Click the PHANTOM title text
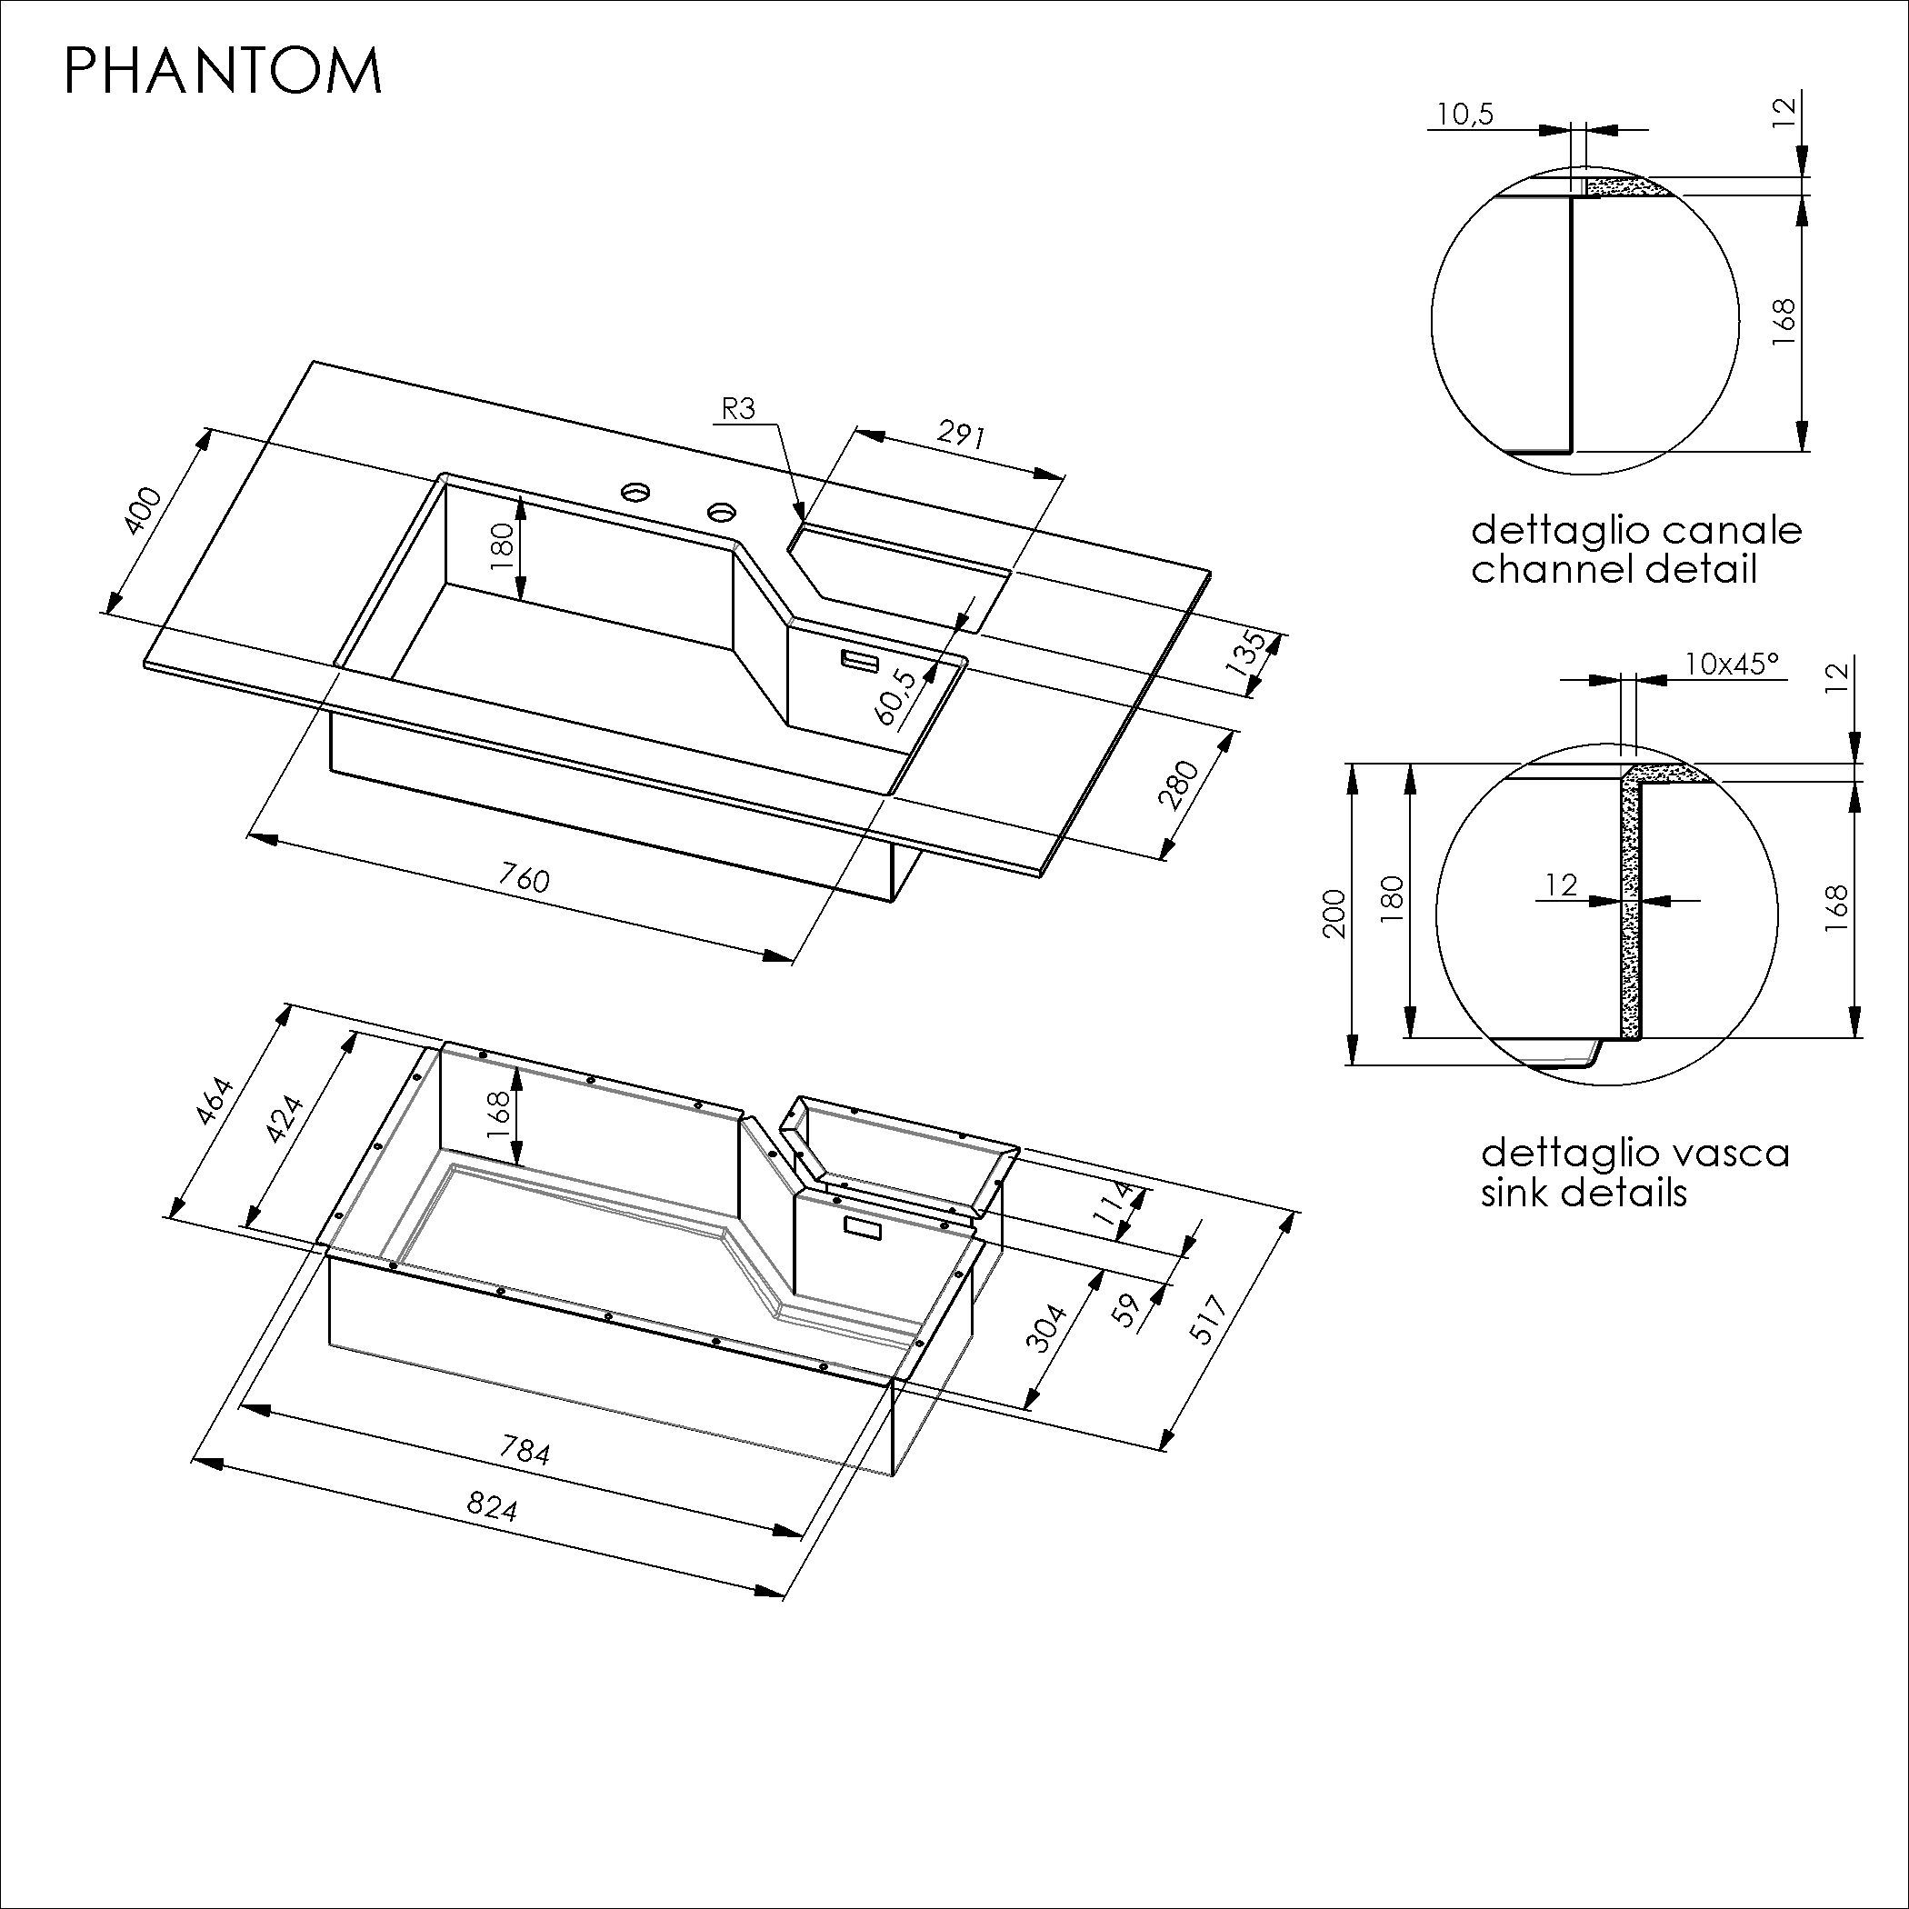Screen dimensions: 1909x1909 click(x=223, y=71)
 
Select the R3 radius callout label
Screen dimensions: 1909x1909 click(x=738, y=409)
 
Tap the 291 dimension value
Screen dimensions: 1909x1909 click(x=962, y=435)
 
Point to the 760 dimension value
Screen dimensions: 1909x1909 click(x=523, y=877)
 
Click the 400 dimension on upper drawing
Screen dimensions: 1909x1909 click(x=145, y=511)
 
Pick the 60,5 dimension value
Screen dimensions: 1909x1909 click(x=896, y=698)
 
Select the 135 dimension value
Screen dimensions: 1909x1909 click(x=1245, y=653)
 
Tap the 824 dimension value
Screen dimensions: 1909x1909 click(x=492, y=1506)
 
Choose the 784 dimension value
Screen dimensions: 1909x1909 click(x=525, y=1450)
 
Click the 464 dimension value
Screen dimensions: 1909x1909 click(x=215, y=1102)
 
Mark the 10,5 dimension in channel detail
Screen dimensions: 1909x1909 click(x=1464, y=115)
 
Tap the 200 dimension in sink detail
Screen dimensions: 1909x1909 click(x=1334, y=914)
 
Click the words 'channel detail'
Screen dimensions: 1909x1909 click(x=1614, y=570)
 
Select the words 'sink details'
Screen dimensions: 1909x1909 click(x=1584, y=1192)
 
